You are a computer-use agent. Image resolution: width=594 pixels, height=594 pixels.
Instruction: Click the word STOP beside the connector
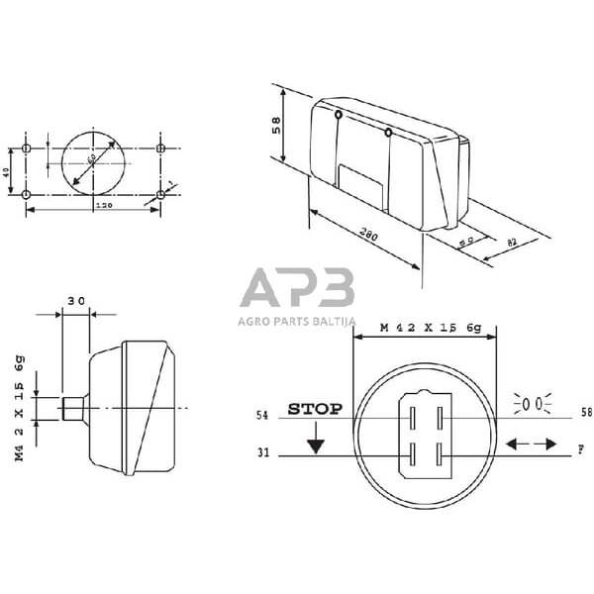tap(315, 408)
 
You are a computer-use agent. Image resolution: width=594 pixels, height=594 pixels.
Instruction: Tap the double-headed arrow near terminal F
tap(531, 445)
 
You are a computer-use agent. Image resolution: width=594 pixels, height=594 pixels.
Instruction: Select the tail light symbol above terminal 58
tap(532, 404)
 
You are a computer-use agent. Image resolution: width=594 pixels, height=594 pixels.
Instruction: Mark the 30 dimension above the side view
tap(76, 300)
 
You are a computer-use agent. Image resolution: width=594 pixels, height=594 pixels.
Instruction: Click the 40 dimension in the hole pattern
tap(7, 171)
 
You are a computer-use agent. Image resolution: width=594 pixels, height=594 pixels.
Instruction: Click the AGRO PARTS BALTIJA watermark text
tap(296, 320)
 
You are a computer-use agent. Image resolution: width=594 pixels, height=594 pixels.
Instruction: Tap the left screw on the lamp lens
tap(339, 116)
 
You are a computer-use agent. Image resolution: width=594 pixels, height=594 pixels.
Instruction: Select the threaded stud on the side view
tap(72, 406)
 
